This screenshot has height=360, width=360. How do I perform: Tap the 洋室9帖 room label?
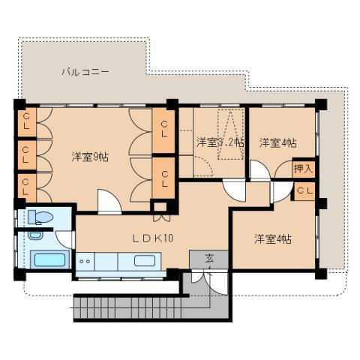(90, 157)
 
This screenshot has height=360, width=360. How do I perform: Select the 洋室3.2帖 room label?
(220, 142)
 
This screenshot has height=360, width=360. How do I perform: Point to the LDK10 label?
(153, 238)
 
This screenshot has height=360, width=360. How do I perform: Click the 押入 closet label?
(303, 169)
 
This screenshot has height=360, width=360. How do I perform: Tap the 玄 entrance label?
(209, 259)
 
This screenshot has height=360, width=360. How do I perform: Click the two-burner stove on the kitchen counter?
(85, 262)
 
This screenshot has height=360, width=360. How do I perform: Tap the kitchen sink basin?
(145, 262)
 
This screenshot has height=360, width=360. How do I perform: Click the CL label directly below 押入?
(303, 191)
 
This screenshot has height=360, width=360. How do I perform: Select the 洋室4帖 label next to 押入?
(277, 142)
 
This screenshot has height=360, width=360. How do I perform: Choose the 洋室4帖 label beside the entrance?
(272, 238)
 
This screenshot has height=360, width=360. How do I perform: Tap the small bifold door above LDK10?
(161, 218)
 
